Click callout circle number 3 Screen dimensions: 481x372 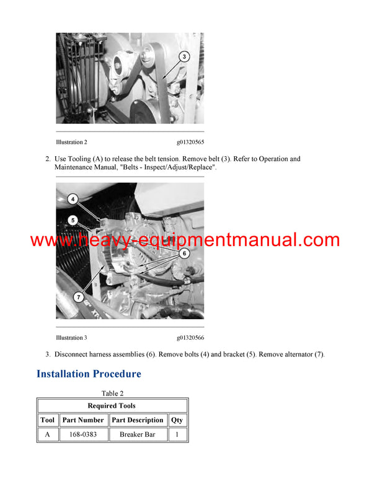[x=184, y=56]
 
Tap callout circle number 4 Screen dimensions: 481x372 [x=73, y=200]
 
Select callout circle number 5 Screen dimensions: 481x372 [x=73, y=220]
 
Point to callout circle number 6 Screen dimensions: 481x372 [x=184, y=253]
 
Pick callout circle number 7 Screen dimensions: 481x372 [x=79, y=298]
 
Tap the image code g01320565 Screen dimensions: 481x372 [x=190, y=142]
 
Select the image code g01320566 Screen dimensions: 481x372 [x=190, y=338]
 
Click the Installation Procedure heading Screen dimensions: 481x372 [x=89, y=374]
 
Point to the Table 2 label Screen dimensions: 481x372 [x=112, y=394]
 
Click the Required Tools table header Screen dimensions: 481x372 [x=112, y=405]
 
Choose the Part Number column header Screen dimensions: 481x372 [x=83, y=420]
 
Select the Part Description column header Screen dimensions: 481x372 [x=138, y=420]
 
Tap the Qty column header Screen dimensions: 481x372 [x=177, y=420]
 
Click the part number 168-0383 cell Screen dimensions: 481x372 [x=83, y=435]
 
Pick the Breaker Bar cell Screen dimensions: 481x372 [x=138, y=435]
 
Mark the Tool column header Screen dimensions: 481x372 [x=48, y=420]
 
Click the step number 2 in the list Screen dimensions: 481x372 [x=48, y=159]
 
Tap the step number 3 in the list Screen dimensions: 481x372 [x=48, y=355]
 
